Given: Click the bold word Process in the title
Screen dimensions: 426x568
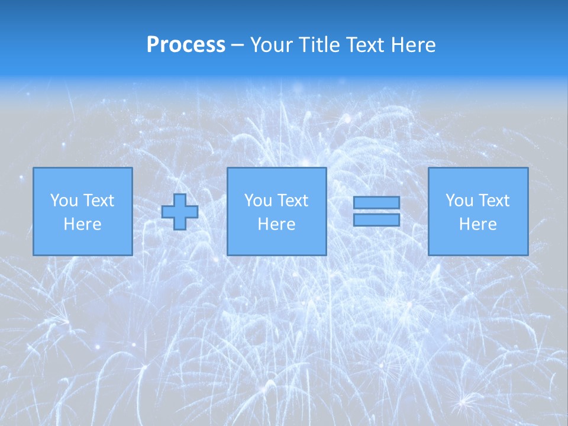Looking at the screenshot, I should click(186, 45).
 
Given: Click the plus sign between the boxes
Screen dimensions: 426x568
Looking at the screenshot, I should click(180, 212).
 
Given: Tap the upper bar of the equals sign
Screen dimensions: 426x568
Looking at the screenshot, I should click(376, 202).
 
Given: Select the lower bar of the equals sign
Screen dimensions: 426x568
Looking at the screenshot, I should click(376, 220).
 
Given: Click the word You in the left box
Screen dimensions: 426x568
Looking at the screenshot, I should click(64, 201).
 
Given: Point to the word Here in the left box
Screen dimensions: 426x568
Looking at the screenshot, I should click(82, 224).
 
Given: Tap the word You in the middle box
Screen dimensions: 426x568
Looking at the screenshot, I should click(258, 201).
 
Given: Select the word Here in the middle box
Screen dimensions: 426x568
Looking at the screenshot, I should click(276, 224).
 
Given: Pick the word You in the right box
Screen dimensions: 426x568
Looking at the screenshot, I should click(459, 201).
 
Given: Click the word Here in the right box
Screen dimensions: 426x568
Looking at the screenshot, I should click(477, 224).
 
